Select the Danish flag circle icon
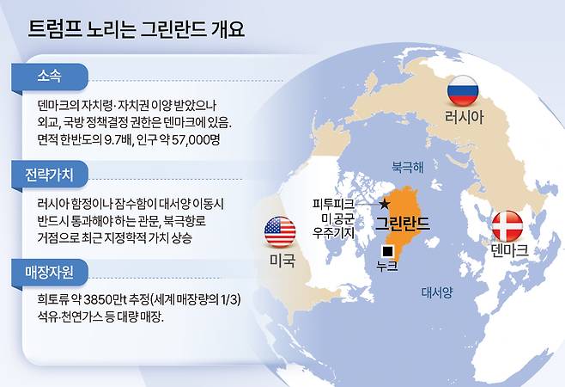tap(507, 225)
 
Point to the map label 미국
tap(281, 259)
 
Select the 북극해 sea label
tap(407, 163)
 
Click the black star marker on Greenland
tap(384, 203)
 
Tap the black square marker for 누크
tap(388, 250)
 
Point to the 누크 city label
tap(387, 267)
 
